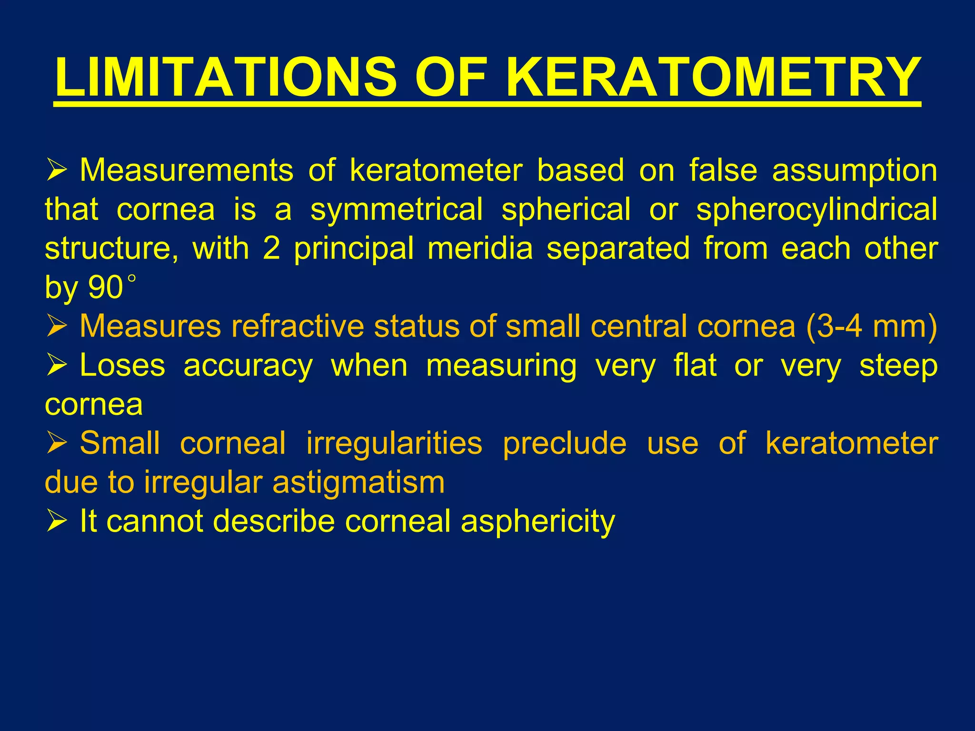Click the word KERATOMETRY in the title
point(713,77)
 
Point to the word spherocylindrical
point(816,209)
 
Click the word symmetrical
point(397,209)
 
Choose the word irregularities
point(394,443)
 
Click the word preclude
point(564,443)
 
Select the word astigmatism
point(358,482)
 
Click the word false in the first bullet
point(723,170)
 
